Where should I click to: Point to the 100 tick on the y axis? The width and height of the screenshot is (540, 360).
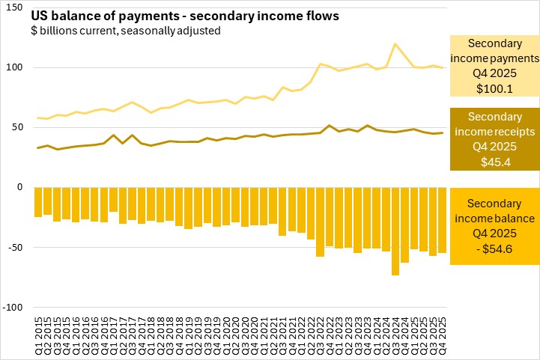pos(17,67)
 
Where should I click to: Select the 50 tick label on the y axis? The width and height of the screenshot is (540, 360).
pos(20,127)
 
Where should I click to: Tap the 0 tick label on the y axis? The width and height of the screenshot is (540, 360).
pos(23,187)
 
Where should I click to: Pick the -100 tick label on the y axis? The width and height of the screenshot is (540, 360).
pos(15,307)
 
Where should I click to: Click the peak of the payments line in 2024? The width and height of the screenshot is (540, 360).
pos(395,43)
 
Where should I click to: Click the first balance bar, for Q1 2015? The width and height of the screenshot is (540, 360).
pos(38,202)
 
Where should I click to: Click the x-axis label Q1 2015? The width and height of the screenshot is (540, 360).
pos(38,334)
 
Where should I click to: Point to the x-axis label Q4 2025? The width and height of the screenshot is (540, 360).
pos(442,334)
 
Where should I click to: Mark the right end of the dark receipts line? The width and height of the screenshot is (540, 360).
pos(442,132)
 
